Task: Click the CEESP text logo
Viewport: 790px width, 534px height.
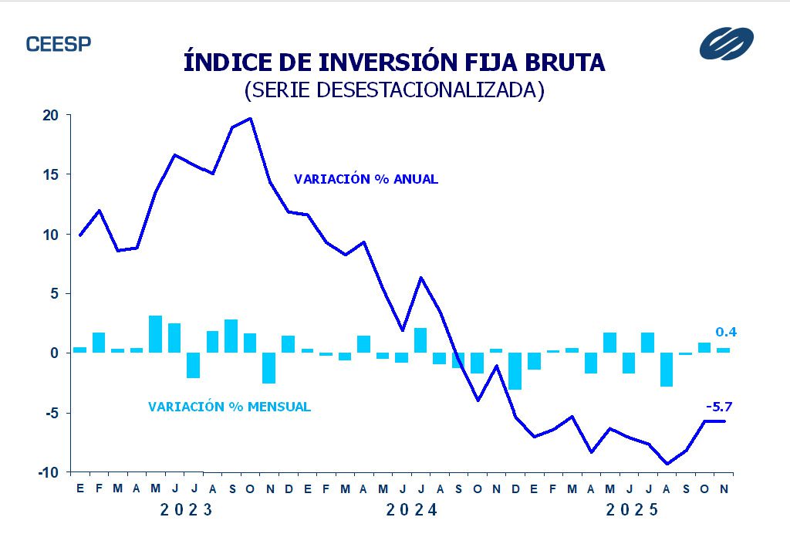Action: coord(59,44)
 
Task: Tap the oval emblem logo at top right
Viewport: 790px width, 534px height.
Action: coord(726,43)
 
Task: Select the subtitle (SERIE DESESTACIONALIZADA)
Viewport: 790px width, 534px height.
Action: coord(394,90)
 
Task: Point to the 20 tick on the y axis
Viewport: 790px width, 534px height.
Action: coord(50,115)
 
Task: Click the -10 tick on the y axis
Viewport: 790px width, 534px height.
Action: coord(47,472)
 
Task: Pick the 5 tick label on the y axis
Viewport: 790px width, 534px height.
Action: coord(54,293)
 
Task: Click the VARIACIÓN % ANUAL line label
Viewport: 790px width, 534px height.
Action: coord(366,179)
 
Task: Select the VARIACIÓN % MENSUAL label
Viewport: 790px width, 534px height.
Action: coord(229,407)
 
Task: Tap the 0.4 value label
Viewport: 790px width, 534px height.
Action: coord(725,332)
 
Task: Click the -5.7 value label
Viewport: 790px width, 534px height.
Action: coord(718,406)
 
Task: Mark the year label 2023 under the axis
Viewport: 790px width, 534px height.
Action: coord(186,510)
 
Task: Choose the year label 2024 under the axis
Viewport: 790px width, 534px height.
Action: coord(412,510)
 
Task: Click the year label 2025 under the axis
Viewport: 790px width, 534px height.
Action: coord(633,510)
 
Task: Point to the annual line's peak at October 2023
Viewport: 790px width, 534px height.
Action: coord(250,118)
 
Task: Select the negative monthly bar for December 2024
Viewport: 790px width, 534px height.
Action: coord(515,371)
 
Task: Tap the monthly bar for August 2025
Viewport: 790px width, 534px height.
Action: coord(667,370)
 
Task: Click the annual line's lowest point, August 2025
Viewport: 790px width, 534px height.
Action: coord(667,464)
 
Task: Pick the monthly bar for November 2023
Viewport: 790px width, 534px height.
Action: coord(268,368)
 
